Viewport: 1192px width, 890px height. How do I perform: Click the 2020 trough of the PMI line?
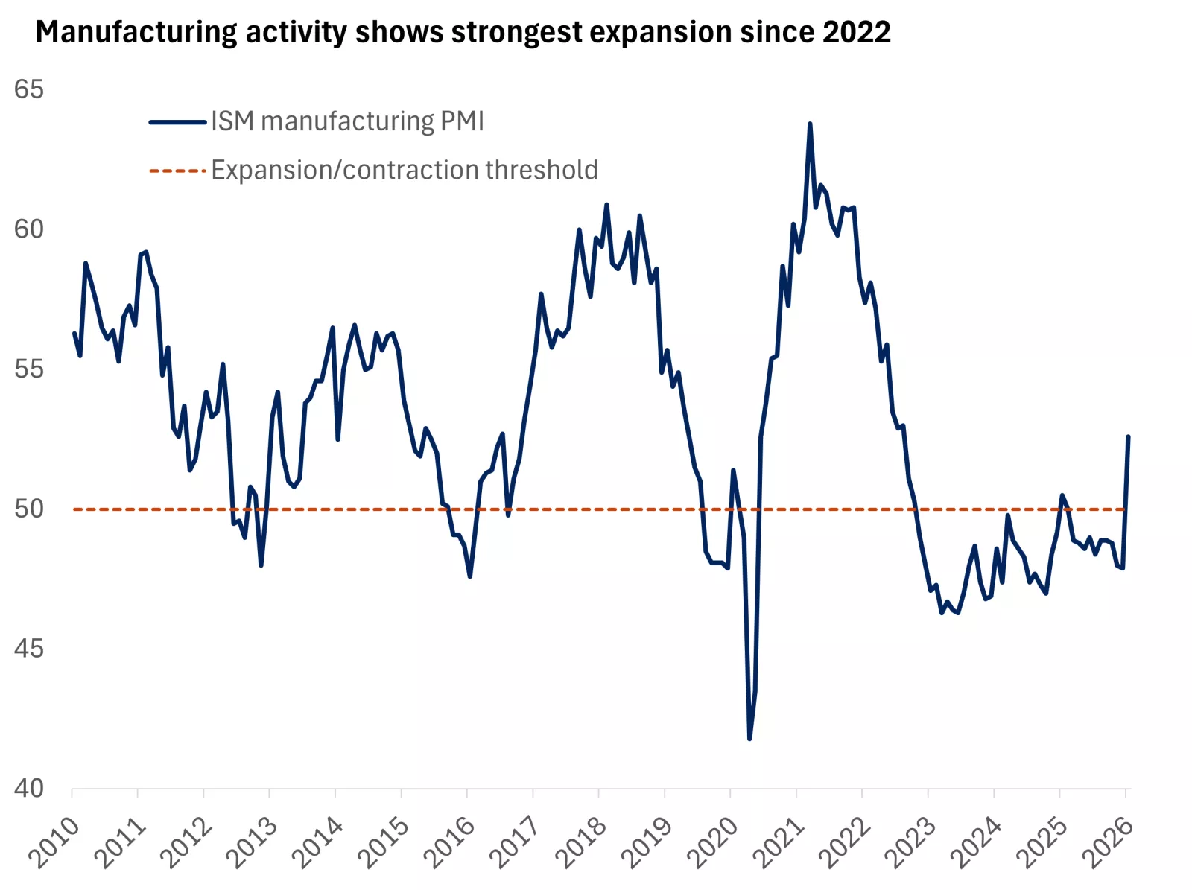tap(749, 738)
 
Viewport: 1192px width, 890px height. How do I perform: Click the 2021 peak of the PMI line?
tap(810, 124)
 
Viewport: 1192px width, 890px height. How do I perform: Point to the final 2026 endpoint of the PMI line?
tap(1128, 437)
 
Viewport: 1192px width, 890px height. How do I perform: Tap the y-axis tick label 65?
tap(29, 89)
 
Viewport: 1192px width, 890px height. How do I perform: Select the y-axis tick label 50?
tap(29, 509)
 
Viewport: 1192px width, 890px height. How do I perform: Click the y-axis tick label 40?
tap(29, 788)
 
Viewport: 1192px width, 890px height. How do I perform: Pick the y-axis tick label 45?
tap(29, 648)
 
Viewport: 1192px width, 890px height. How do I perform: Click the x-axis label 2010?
tap(54, 842)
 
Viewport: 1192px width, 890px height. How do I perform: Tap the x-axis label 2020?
tap(713, 842)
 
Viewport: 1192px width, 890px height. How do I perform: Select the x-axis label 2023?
tap(910, 842)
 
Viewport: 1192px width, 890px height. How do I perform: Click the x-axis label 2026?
tap(1108, 842)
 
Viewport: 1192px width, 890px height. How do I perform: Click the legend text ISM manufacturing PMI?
tap(347, 121)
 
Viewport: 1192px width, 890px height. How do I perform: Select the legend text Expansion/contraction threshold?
tap(405, 170)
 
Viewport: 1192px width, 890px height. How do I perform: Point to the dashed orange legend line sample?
tap(177, 171)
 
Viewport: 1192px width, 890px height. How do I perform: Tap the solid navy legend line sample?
tap(177, 122)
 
